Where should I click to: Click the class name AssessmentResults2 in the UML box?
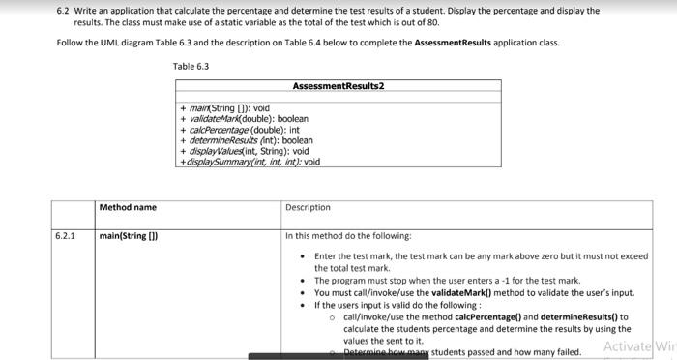tap(338, 86)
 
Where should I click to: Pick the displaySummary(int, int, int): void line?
tap(250, 162)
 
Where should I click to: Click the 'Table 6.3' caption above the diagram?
tap(191, 66)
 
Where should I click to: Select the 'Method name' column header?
tap(128, 207)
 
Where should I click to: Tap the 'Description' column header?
tap(308, 207)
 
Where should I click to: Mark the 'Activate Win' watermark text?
tap(639, 346)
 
